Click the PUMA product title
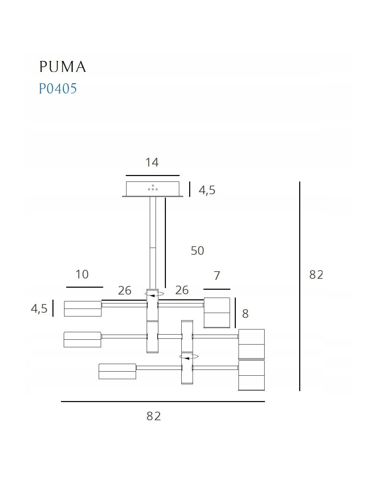[x=62, y=66]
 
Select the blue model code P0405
[x=58, y=88]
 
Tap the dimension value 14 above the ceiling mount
[x=152, y=162]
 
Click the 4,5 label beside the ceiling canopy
[x=207, y=190]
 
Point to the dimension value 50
[x=197, y=251]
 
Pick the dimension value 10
[x=82, y=274]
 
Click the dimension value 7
[x=217, y=276]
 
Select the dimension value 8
[x=245, y=314]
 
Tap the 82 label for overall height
[x=316, y=275]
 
